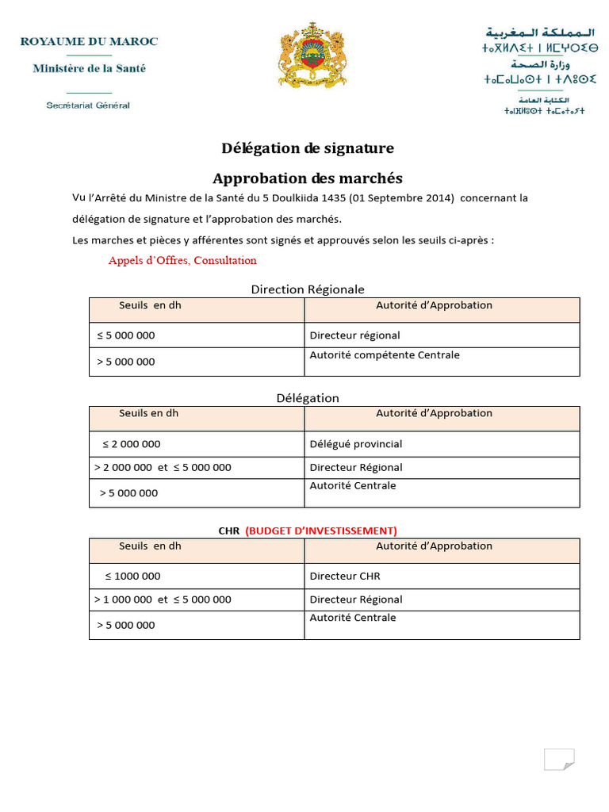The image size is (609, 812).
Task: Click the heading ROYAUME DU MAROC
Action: [89, 41]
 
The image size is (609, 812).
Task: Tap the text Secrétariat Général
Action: [88, 105]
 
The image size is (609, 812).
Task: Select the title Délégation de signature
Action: [307, 148]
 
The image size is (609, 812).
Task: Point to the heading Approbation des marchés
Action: [307, 178]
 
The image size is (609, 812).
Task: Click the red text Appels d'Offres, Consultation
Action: [182, 260]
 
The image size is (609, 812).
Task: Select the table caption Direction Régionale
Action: [308, 289]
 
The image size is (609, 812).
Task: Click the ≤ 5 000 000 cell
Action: [126, 335]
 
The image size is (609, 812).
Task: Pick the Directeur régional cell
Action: [354, 335]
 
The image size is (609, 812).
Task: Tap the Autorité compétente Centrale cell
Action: [385, 355]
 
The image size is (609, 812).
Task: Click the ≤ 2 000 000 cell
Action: [132, 444]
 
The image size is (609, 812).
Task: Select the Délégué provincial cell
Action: [356, 444]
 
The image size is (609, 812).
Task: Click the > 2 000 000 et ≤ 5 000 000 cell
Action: [163, 468]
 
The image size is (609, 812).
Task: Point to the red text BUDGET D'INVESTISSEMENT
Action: [321, 530]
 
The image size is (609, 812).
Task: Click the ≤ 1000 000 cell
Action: [132, 576]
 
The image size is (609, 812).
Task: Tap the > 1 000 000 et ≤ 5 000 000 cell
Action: [163, 599]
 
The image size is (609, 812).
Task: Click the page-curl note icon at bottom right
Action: [558, 759]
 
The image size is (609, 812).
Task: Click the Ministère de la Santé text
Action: [89, 68]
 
